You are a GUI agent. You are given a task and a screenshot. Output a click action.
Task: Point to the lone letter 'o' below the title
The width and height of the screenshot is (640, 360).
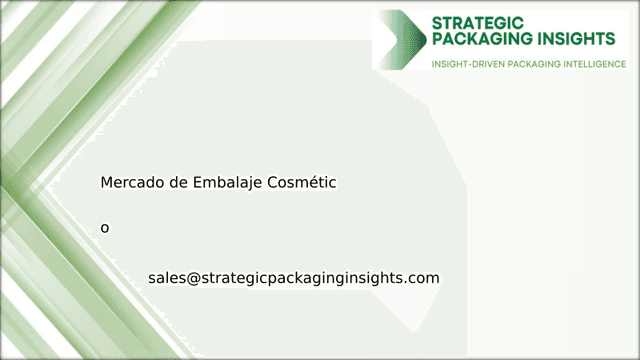click(105, 228)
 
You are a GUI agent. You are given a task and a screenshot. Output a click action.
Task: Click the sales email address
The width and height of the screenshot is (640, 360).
click(293, 277)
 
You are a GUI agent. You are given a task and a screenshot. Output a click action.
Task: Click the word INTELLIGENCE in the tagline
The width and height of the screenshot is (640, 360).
click(589, 63)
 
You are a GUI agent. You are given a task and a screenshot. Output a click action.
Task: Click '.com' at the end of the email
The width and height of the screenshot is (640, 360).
click(423, 277)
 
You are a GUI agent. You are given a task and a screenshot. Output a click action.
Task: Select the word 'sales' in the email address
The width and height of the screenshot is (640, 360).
click(166, 277)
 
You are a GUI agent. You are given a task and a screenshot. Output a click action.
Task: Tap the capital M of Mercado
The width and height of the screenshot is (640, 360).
click(106, 183)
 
